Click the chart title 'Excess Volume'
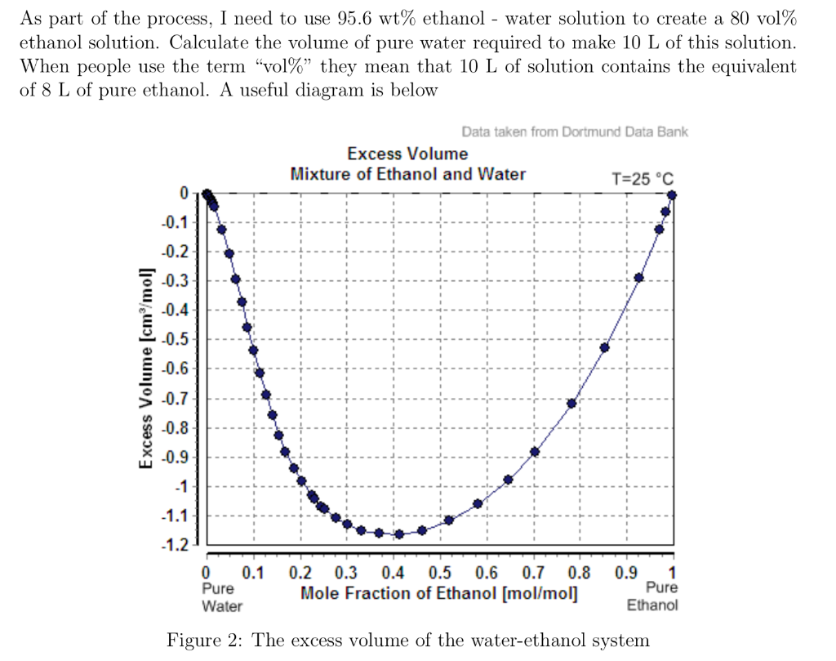point(407,154)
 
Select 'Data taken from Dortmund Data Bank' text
point(575,132)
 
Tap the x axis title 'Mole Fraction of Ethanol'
point(440,593)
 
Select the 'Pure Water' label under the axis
point(221,596)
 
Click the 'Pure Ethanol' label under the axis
point(652,596)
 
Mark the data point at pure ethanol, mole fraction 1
point(672,194)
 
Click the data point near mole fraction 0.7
point(535,452)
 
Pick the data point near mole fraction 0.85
point(605,347)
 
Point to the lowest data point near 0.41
point(399,534)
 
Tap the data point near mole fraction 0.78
point(571,403)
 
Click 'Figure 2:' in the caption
point(204,640)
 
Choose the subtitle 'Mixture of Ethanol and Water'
point(407,174)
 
